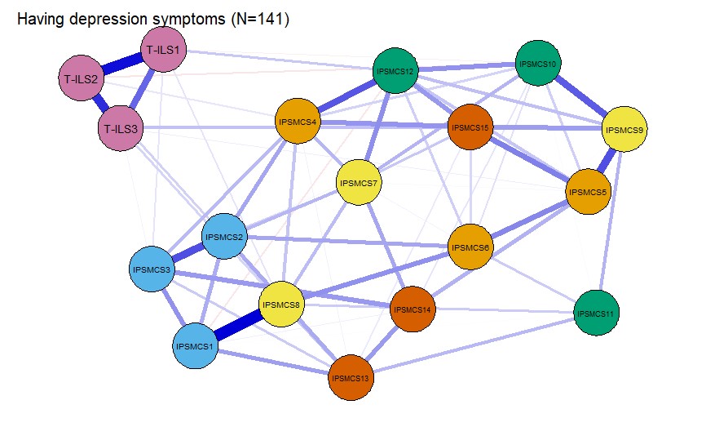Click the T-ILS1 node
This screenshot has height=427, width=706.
point(163,50)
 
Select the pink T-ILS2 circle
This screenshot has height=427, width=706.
point(82,78)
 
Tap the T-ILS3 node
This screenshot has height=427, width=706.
point(121,128)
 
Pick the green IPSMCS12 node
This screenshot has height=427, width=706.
point(395,71)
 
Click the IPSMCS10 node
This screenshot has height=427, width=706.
point(538,63)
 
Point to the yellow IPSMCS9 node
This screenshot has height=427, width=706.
point(624,130)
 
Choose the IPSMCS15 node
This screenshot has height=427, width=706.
point(470,127)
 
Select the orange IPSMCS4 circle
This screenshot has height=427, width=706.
point(298,122)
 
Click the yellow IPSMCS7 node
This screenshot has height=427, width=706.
point(359,183)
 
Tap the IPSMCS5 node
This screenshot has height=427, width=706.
point(588,192)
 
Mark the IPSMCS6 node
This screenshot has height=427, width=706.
point(470,247)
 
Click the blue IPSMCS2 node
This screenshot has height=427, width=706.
point(224,237)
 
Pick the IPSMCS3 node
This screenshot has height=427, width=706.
point(152,269)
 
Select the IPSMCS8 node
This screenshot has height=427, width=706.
point(281,305)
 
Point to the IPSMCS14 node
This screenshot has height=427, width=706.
point(413,309)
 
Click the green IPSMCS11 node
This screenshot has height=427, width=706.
point(596,313)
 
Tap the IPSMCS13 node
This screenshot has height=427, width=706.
point(351,378)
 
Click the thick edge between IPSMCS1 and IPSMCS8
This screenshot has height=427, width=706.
point(238,326)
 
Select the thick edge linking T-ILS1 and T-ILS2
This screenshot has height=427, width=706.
point(122,64)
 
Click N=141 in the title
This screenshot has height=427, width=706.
point(260,19)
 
